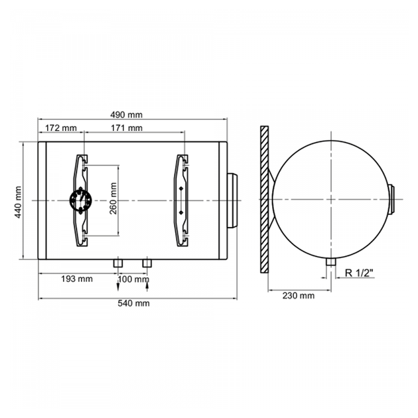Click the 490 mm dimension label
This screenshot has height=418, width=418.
tap(126, 115)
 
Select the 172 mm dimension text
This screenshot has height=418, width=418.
tap(61, 128)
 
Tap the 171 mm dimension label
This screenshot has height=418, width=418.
tap(127, 128)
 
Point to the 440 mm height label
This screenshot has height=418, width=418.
tap(18, 202)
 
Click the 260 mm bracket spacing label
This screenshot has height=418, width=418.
tap(113, 198)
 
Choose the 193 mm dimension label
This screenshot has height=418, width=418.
tap(77, 279)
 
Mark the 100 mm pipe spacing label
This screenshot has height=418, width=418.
tap(133, 279)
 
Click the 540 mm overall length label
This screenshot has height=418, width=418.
tap(133, 303)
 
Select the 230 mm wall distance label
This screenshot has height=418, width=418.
tap(299, 296)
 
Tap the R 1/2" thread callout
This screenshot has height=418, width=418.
tap(359, 273)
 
